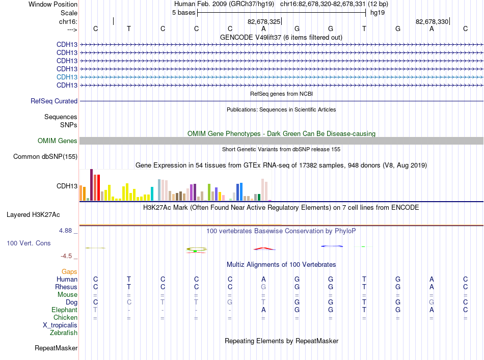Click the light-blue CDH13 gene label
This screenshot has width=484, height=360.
tap(67, 77)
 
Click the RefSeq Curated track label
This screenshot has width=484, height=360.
tap(54, 101)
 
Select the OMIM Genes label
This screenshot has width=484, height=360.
tap(58, 141)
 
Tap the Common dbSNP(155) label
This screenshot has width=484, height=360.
tap(45, 157)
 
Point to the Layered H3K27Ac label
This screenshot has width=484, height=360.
tap(33, 215)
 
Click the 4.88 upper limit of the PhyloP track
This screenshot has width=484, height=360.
tap(65, 231)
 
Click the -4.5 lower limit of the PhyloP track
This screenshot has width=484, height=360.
tap(66, 256)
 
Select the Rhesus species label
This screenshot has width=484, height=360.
tap(66, 287)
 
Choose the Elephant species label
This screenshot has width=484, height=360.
tap(65, 310)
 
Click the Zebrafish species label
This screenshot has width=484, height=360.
tap(64, 333)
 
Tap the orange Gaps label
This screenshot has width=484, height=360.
tap(69, 271)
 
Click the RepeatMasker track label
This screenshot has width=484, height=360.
tap(56, 348)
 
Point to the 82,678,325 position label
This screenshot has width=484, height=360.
tap(264, 21)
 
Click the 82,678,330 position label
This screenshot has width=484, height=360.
tap(432, 21)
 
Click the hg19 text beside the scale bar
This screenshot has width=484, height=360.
tap(378, 13)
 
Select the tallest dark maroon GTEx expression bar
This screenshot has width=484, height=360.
tap(91, 185)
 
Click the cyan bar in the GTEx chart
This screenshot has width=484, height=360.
tap(152, 193)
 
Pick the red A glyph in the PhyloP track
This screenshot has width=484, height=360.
tap(264, 248)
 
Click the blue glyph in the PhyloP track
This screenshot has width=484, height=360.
tap(332, 246)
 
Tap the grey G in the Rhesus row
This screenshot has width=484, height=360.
tap(263, 287)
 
